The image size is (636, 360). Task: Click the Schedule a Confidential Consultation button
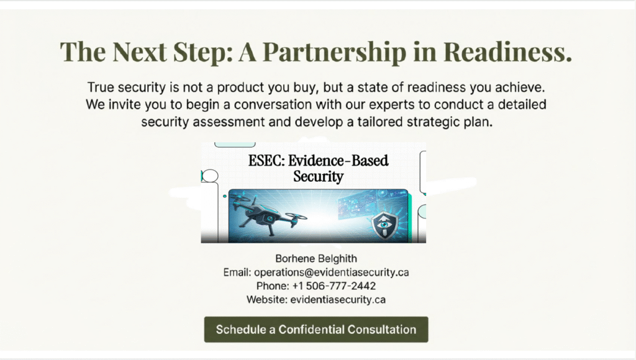[316, 329]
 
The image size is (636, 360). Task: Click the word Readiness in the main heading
[507, 52]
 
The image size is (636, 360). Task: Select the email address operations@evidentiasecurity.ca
[332, 272]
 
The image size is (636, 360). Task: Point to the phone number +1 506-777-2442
[334, 286]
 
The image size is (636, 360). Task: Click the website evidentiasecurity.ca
[338, 300]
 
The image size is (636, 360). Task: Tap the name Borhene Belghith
[316, 259]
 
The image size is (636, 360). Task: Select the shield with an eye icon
[385, 224]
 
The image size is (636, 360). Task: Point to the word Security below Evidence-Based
[319, 177]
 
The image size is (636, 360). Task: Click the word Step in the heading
[203, 52]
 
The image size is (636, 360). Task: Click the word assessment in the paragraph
[229, 122]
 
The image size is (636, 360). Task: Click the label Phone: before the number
[273, 286]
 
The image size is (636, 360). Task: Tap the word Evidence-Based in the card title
[338, 161]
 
